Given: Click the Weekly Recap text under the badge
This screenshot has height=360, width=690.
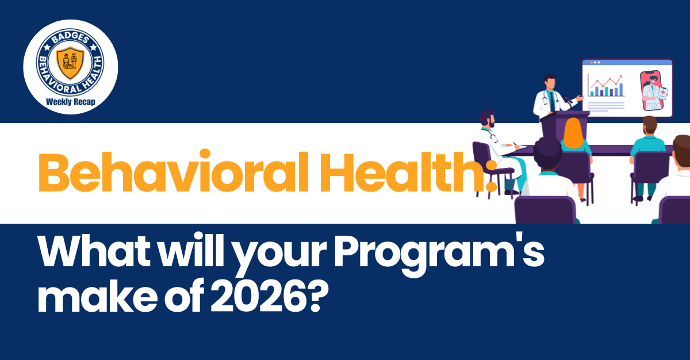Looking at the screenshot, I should [x=70, y=102].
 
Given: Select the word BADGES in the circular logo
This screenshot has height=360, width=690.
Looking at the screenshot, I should [x=70, y=35].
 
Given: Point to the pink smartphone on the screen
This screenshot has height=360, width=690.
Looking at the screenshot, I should [x=654, y=91].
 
